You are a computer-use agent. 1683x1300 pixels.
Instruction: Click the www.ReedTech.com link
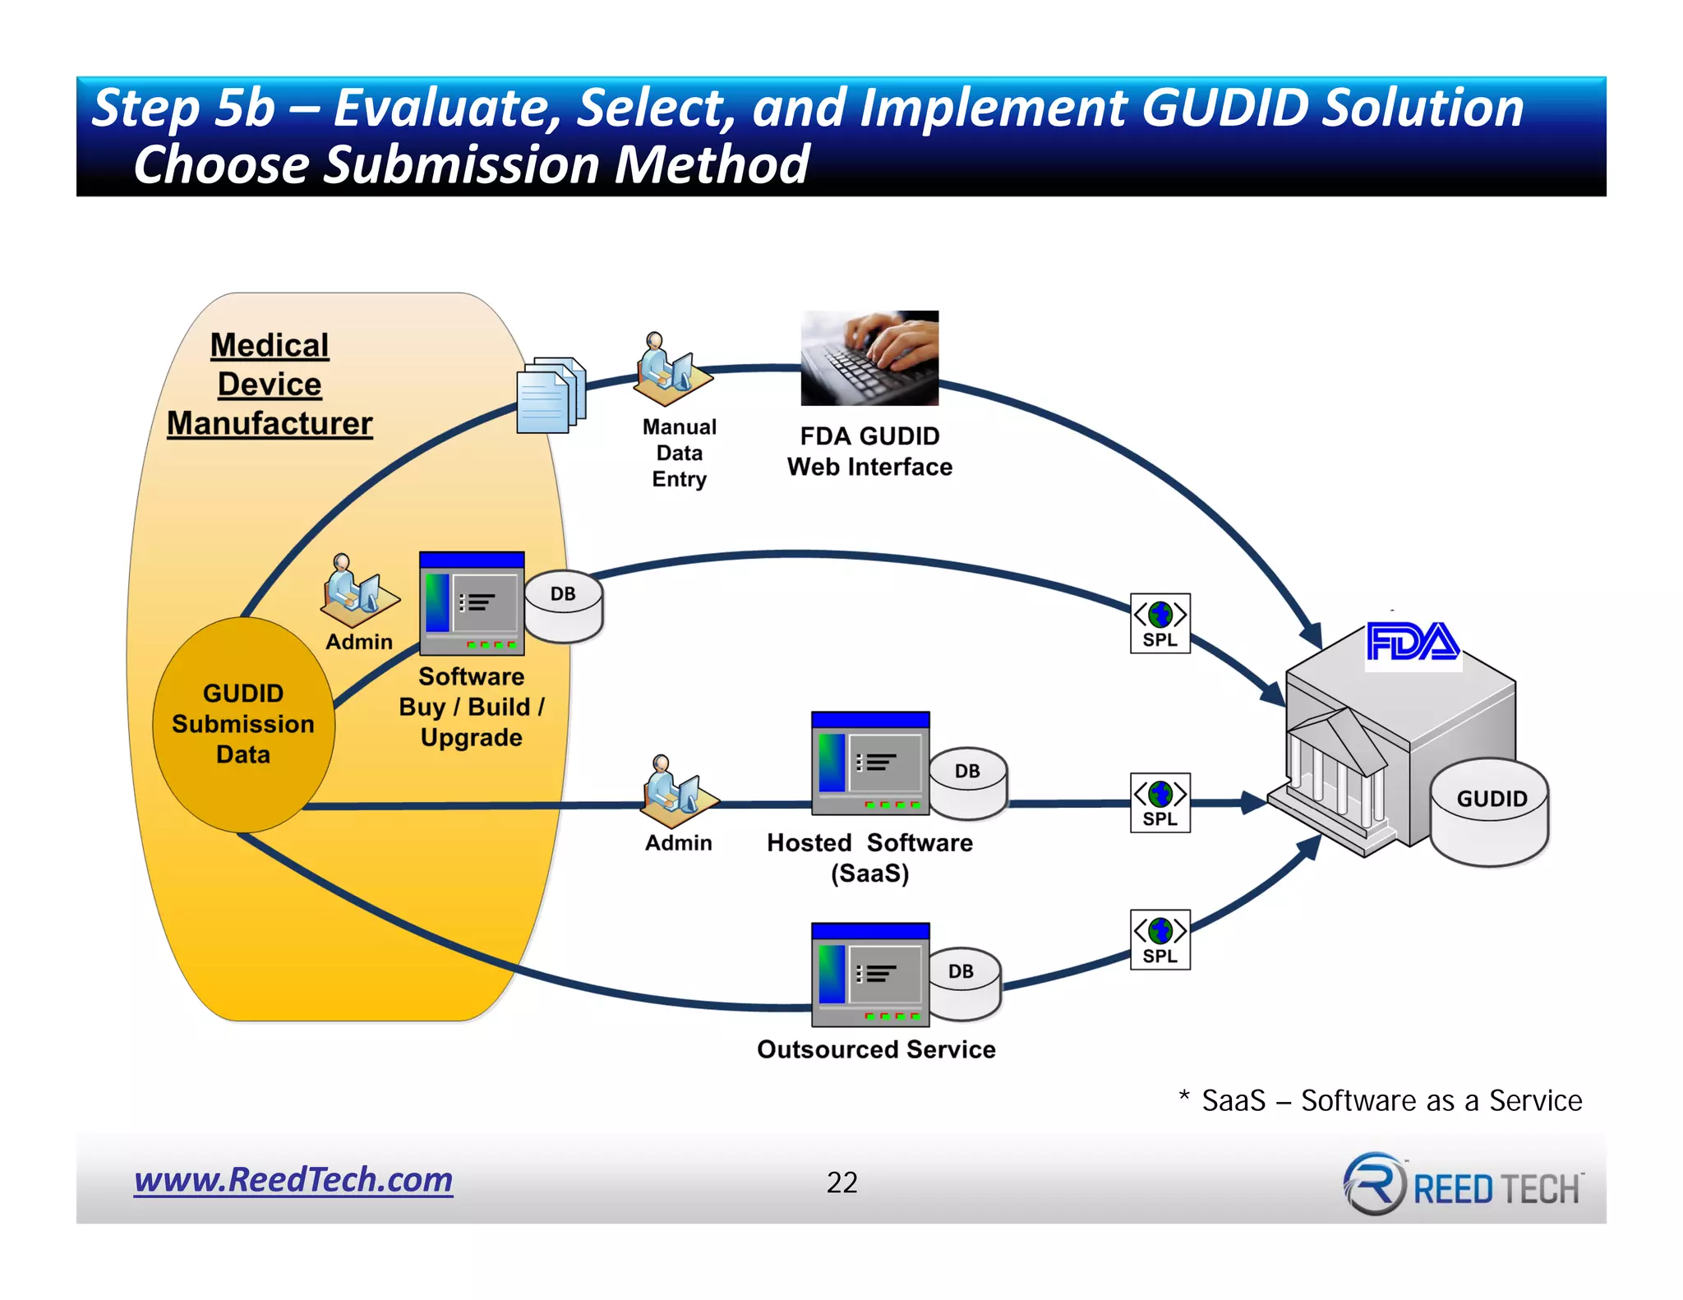[293, 1180]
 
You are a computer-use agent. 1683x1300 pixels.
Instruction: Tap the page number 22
[841, 1182]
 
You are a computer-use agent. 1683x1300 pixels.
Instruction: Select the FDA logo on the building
[1412, 643]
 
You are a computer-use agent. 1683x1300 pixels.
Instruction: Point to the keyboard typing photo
[869, 357]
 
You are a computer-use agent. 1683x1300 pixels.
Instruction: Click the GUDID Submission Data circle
[243, 724]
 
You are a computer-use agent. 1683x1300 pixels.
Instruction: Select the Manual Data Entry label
[679, 453]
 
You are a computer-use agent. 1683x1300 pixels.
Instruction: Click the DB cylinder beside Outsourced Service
[962, 983]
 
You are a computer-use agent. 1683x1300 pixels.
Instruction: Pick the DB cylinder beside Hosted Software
[968, 782]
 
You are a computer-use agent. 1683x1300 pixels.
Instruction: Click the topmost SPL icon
[1160, 623]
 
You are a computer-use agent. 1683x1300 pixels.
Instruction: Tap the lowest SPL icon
[1160, 939]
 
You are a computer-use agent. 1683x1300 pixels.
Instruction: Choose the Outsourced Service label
[876, 1049]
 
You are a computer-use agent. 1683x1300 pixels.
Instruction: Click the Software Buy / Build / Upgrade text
[471, 707]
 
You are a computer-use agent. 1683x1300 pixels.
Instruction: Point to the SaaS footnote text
[1381, 1100]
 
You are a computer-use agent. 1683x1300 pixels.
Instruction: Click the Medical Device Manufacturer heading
[270, 384]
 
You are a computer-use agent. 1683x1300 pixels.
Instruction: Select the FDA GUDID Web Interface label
[869, 451]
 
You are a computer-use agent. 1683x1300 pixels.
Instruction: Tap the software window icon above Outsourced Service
[869, 975]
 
